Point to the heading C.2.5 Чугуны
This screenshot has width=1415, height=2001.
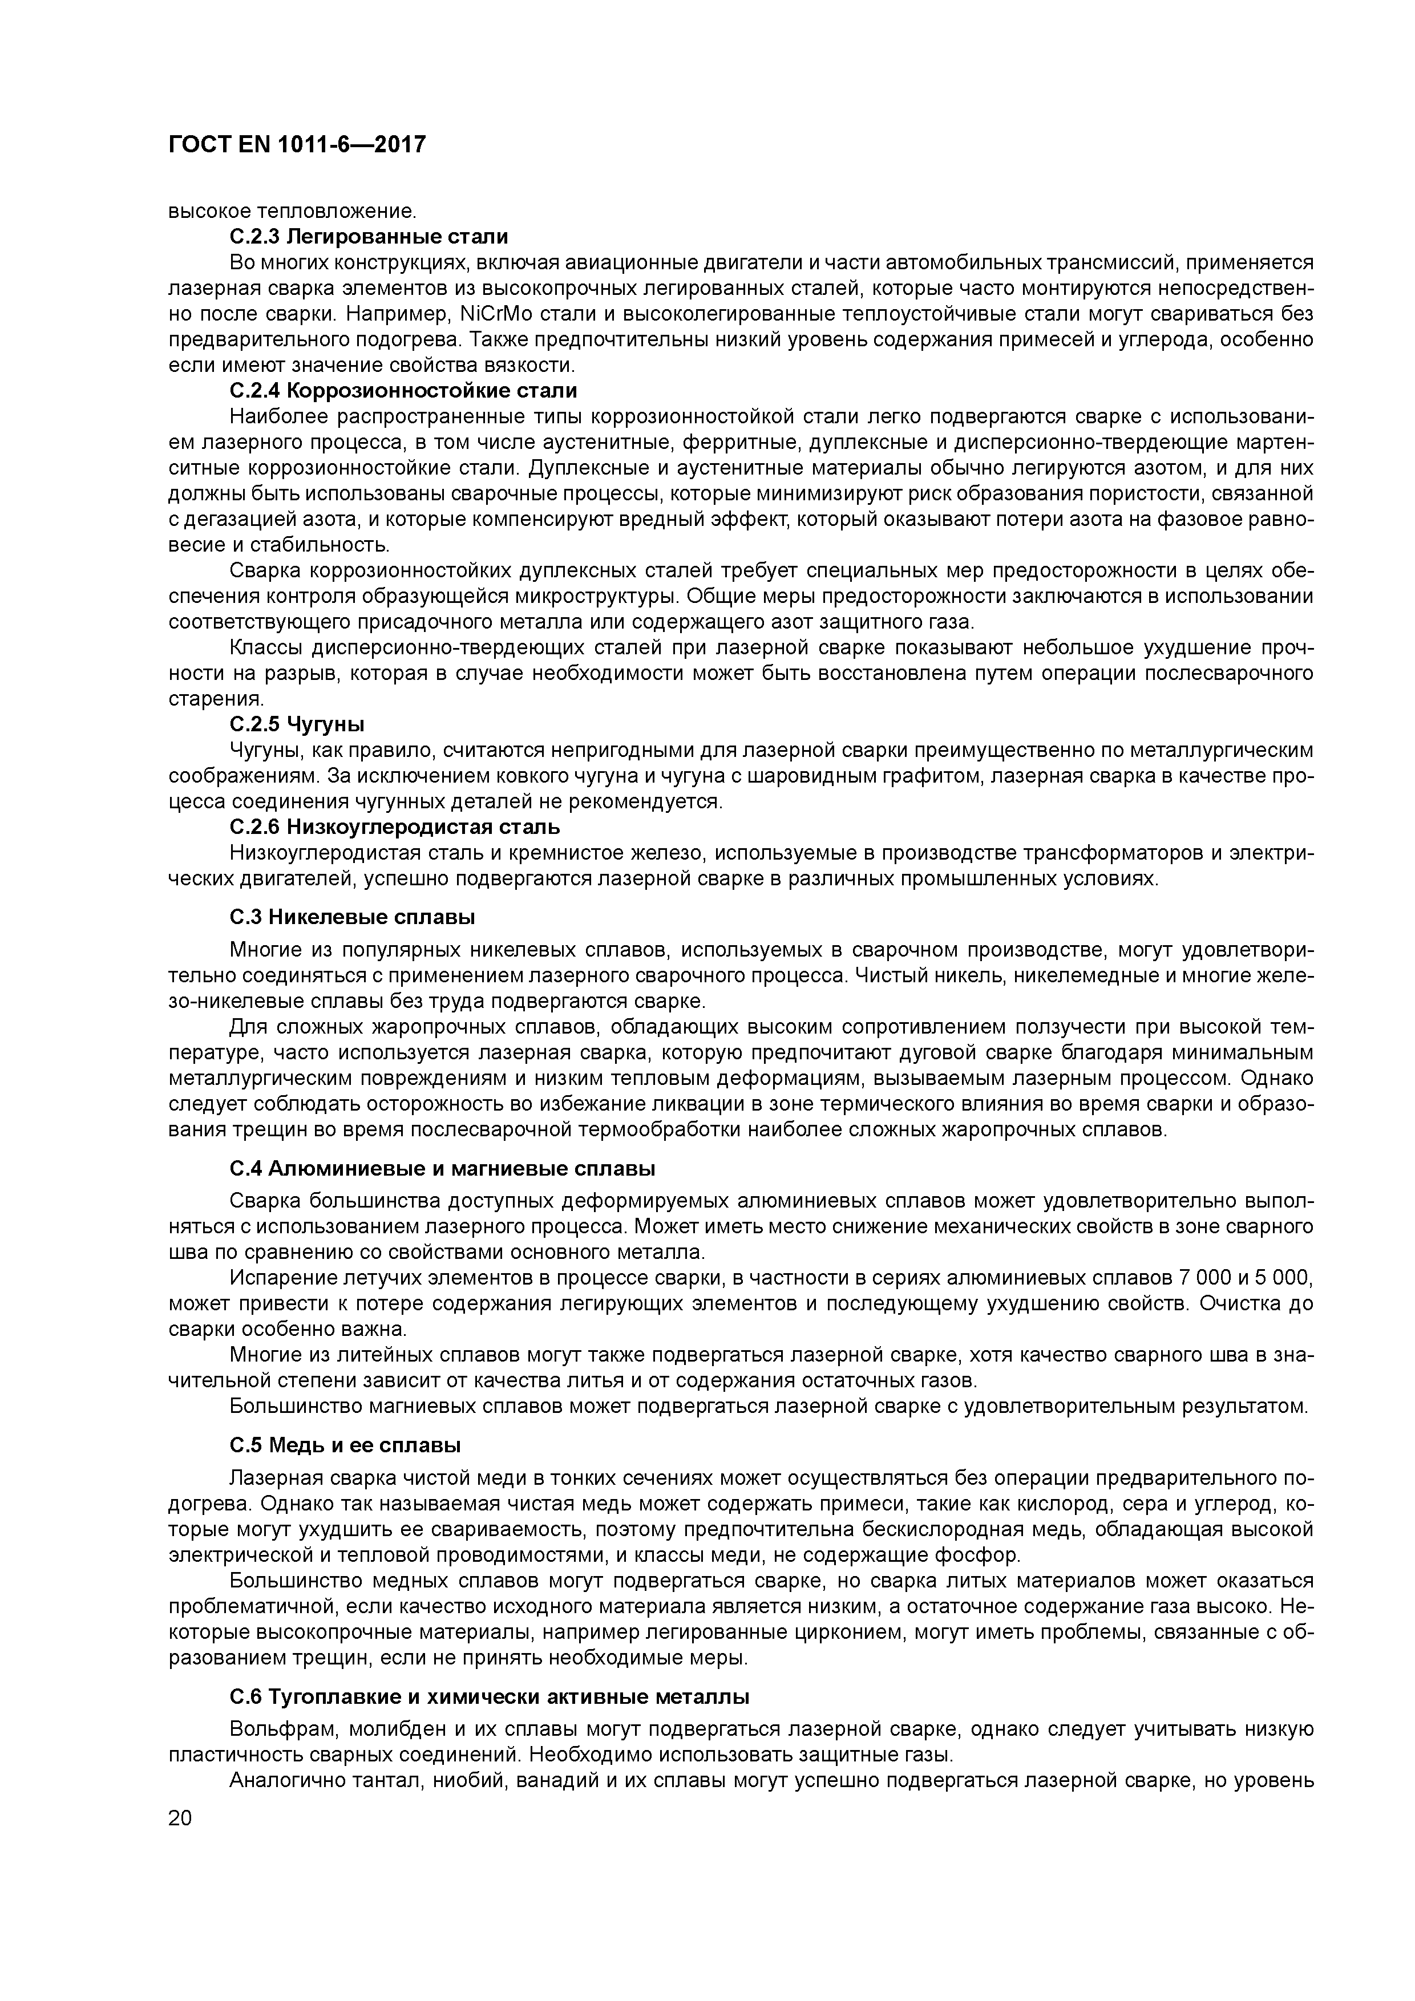click(x=297, y=724)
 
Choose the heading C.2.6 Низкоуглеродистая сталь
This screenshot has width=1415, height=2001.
click(x=395, y=826)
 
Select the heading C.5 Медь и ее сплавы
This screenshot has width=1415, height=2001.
click(x=345, y=1445)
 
